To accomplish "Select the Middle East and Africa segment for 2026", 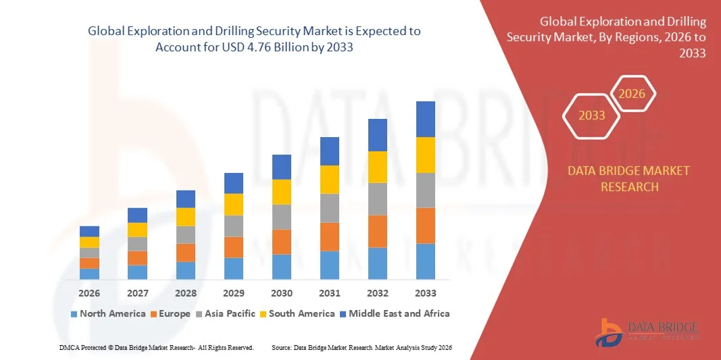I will click(x=89, y=231).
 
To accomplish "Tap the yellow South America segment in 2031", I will click(x=329, y=180).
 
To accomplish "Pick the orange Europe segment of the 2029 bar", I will click(x=233, y=247).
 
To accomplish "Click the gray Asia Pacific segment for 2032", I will click(x=377, y=199).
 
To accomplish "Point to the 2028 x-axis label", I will click(x=185, y=293).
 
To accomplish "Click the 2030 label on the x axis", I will click(x=282, y=293).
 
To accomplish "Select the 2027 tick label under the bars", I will click(x=137, y=293).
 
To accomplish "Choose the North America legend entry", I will click(x=107, y=313).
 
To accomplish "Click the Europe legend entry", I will click(x=171, y=313).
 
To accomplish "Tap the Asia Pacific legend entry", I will click(x=226, y=313).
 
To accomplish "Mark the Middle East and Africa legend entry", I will click(x=395, y=313).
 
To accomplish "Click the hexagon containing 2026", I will click(x=632, y=94).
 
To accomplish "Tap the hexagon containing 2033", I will click(x=592, y=115).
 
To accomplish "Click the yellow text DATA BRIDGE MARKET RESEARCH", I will click(x=629, y=178).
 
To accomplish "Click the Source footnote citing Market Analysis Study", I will click(x=361, y=347).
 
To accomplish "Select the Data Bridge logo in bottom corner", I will click(x=646, y=331).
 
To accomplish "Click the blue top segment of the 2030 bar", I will click(x=282, y=167).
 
